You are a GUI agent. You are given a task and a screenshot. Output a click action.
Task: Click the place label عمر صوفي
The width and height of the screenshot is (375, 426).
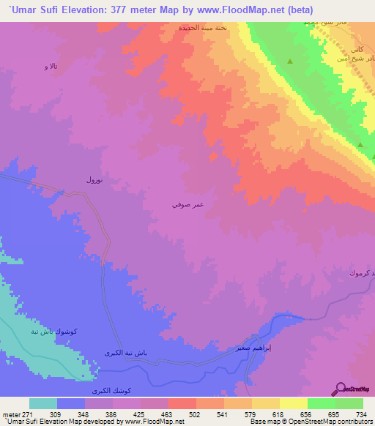coord(183,206)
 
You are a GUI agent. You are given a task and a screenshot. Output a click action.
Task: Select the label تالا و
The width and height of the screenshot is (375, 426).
coord(50,67)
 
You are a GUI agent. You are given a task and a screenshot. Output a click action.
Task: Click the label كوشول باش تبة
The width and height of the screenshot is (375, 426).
coord(56,331)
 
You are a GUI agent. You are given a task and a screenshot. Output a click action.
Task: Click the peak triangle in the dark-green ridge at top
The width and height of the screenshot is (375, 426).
coord(291,61)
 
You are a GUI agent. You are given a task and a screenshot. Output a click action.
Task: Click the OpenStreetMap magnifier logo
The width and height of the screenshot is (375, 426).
coord(341,388)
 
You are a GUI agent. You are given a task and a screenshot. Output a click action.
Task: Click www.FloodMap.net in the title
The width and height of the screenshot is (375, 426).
coord(229,10)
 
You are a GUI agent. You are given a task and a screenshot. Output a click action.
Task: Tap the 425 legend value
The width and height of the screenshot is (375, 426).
coord(140,414)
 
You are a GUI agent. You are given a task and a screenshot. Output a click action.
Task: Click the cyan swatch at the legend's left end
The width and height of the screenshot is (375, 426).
coord(43,403)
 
